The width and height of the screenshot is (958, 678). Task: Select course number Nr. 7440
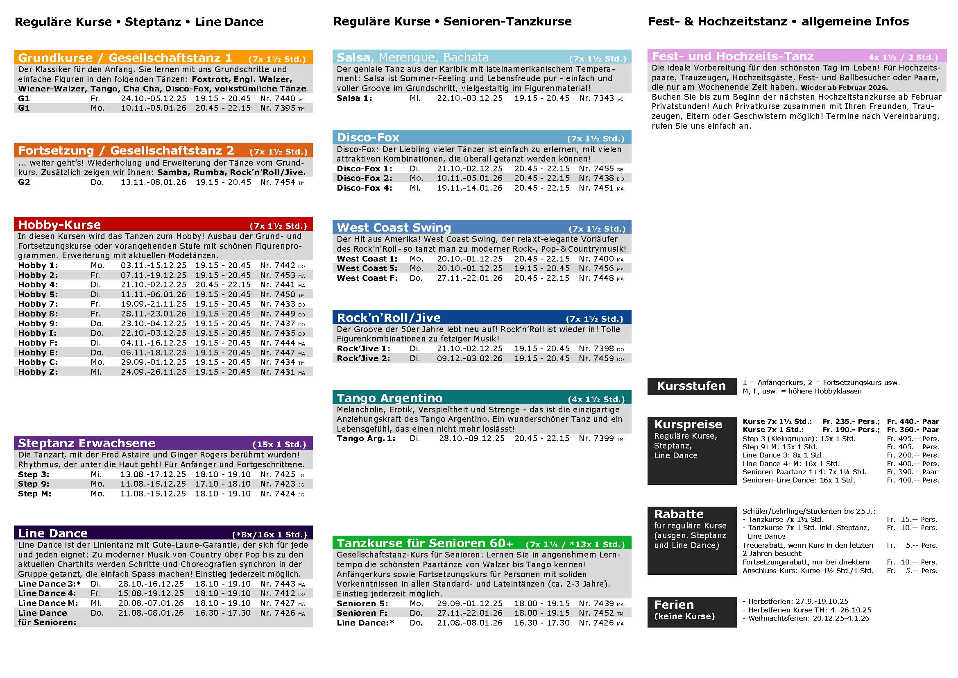[277, 98]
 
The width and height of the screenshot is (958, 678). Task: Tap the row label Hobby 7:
[38, 304]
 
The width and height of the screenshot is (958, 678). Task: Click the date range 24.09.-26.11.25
[154, 372]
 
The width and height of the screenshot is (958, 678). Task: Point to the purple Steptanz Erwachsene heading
[86, 444]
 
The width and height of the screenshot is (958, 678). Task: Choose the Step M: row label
[35, 494]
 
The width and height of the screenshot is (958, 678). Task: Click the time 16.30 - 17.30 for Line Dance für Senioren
[223, 613]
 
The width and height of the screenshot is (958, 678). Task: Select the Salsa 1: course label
[354, 98]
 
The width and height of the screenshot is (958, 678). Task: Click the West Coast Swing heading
[394, 228]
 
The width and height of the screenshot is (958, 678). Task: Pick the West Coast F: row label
[367, 278]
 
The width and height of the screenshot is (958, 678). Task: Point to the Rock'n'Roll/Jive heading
[388, 318]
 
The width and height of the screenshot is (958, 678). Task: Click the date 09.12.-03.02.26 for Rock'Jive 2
[469, 359]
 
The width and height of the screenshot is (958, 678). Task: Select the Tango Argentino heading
[389, 398]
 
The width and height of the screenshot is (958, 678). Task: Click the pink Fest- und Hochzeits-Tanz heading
[732, 56]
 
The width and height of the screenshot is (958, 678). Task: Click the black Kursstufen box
[691, 386]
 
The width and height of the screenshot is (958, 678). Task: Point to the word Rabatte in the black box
[679, 514]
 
